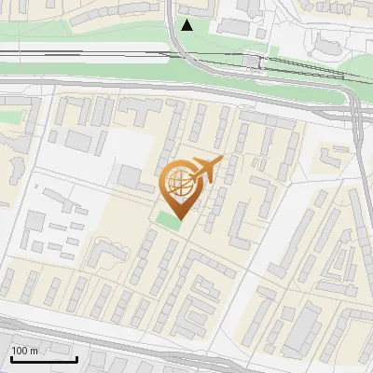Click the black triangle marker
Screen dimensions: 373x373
[187, 25]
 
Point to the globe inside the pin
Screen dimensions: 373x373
[181, 184]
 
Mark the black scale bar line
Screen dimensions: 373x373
[44, 359]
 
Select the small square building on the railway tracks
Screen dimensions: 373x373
[251, 61]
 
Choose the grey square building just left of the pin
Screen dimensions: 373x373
[130, 175]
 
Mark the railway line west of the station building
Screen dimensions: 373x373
[112, 53]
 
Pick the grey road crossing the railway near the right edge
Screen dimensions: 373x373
[358, 112]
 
